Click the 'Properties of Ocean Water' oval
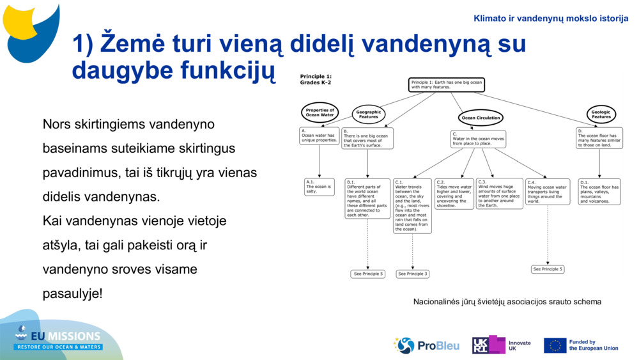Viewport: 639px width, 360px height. coord(319,113)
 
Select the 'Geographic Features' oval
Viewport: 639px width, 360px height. coord(368,114)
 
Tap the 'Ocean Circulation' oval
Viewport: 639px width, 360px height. coord(481,118)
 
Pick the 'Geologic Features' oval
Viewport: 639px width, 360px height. coord(601,114)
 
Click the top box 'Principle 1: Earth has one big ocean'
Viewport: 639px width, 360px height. coord(447,84)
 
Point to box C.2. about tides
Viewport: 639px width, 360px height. coord(454,194)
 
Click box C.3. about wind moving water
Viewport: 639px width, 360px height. coord(499,194)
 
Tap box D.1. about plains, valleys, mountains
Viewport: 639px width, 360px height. coord(599,191)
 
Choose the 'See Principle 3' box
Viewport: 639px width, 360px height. coord(412,274)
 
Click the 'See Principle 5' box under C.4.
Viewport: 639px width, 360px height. coord(548,269)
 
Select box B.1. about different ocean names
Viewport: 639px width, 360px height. coord(367,198)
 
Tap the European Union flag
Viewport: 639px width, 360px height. coord(555,345)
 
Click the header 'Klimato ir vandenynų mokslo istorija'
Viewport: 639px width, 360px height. coord(551,19)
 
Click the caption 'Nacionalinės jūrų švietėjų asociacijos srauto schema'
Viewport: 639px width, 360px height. coord(507,301)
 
